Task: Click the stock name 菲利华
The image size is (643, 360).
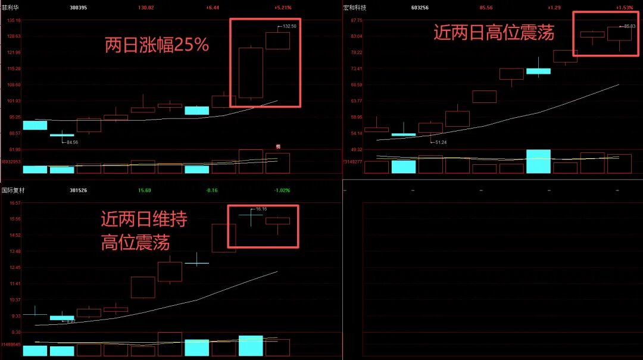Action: coord(10,8)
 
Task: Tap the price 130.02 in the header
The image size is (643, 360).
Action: coord(145,8)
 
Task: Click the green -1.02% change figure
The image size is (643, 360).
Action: coord(282,190)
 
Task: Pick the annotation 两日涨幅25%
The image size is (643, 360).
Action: coord(157,45)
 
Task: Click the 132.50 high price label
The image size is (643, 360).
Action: coord(289,26)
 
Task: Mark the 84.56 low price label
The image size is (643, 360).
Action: coord(71,142)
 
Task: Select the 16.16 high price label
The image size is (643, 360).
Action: coord(261,209)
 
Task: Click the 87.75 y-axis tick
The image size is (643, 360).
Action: coord(357,20)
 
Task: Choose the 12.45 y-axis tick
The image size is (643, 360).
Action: coord(14,267)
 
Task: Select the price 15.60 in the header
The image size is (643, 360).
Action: coord(144,190)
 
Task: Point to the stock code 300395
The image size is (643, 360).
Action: coord(78,8)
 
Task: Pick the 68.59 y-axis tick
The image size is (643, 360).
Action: coord(357,84)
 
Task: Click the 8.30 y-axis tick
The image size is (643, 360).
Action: coord(15,332)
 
